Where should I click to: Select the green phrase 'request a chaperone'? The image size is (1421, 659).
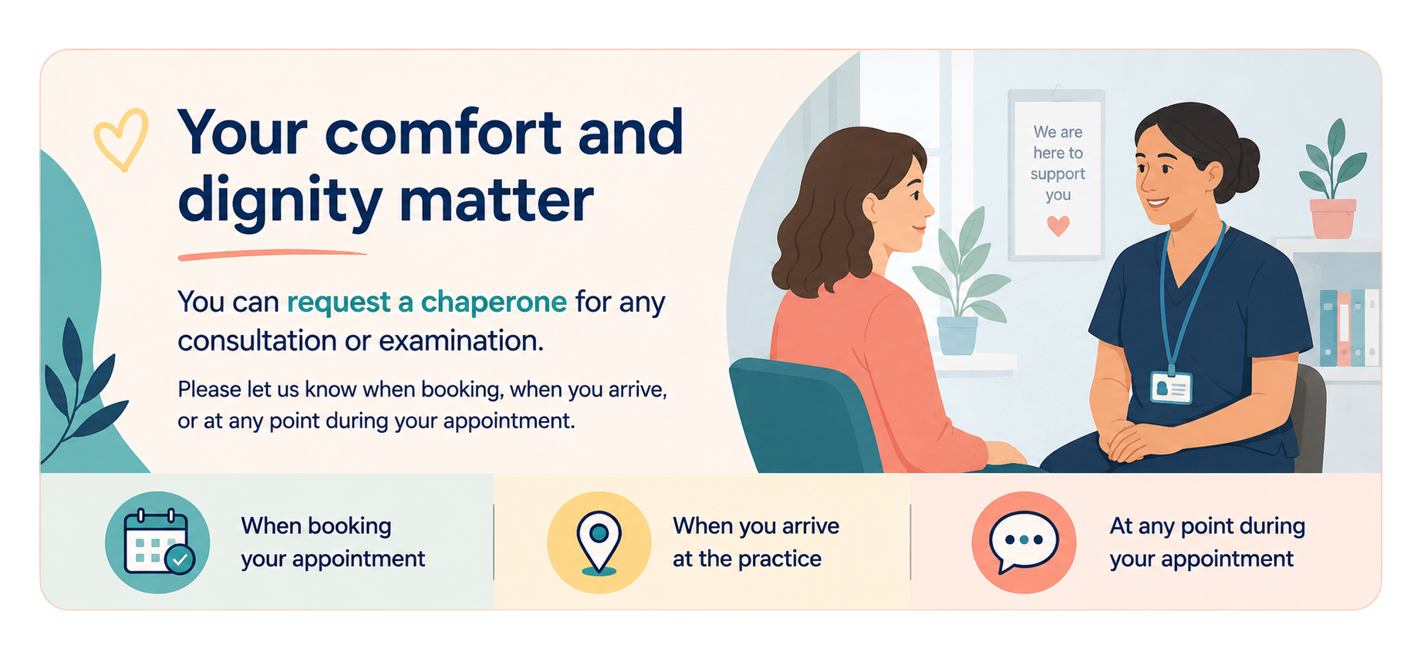pos(427,302)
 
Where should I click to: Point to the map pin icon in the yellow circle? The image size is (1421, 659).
pos(599,542)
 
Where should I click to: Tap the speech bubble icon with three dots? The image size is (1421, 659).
pos(1024,541)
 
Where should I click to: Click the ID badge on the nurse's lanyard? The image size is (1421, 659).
pos(1171,387)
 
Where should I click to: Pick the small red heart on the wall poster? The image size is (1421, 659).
pos(1058,225)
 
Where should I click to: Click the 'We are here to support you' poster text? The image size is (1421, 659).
pos(1058,163)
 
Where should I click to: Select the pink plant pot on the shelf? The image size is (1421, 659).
pos(1332,218)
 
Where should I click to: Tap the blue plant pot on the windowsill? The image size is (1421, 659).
pos(957,336)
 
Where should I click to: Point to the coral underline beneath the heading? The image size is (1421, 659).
pos(272,255)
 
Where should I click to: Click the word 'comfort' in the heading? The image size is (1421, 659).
pos(444,133)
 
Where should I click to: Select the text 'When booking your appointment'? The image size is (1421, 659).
pos(332,542)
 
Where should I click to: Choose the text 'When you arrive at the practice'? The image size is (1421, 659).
pos(756,542)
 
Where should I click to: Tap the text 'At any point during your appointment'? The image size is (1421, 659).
pos(1207,542)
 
